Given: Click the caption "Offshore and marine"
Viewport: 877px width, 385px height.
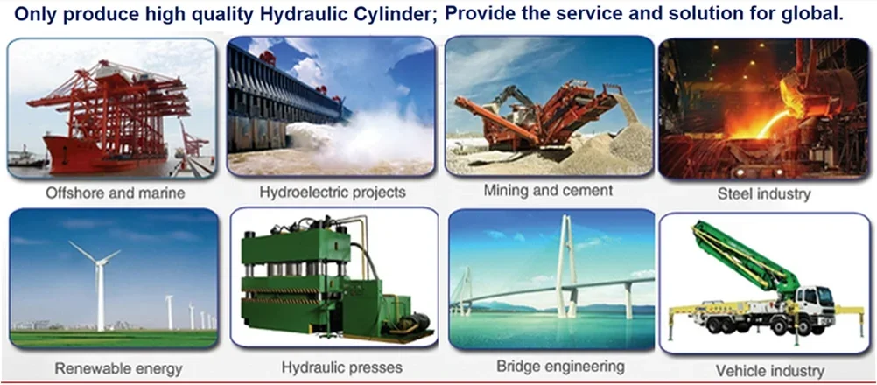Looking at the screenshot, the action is point(115,194).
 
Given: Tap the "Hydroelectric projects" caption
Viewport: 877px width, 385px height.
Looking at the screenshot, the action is point(333,192).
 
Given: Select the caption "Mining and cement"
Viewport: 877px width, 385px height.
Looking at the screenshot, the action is point(548,191).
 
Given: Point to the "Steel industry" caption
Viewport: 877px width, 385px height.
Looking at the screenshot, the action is point(764,194).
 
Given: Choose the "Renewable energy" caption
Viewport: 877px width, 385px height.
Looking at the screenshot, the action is point(118,368).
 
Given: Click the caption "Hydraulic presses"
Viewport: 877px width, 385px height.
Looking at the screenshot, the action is point(341,367).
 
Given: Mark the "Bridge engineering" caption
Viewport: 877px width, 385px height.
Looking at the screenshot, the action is point(560,367).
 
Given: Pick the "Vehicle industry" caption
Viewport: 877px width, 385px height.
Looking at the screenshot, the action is point(770,370).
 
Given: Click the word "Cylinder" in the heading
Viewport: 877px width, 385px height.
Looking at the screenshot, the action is point(403,15).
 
